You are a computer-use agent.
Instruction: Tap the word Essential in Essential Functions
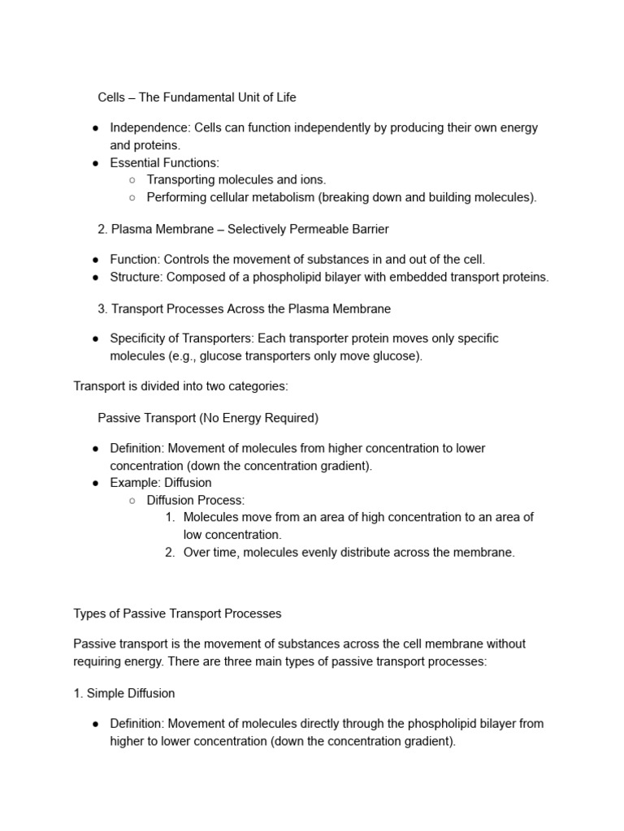pyautogui.click(x=135, y=163)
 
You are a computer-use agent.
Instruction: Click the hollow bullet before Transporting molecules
pyautogui.click(x=132, y=180)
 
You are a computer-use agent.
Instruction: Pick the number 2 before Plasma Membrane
pyautogui.click(x=102, y=230)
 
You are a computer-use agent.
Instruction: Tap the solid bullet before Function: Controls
pyautogui.click(x=95, y=260)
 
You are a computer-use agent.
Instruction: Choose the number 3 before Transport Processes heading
pyautogui.click(x=102, y=309)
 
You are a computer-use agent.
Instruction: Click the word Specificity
pyautogui.click(x=139, y=338)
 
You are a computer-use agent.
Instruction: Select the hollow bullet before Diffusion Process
pyautogui.click(x=132, y=501)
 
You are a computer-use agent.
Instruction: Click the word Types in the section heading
pyautogui.click(x=89, y=613)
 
